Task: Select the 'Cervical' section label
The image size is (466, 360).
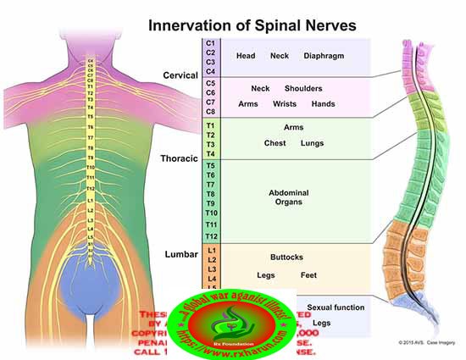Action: (180, 76)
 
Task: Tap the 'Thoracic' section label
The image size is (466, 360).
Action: (179, 158)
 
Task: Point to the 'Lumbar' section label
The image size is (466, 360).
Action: (181, 253)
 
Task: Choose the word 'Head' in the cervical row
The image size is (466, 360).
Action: (246, 56)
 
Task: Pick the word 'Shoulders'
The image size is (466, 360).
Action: (303, 88)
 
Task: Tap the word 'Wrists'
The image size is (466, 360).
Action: (284, 104)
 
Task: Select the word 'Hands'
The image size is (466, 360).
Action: (324, 104)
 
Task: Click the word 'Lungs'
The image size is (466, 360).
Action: (312, 143)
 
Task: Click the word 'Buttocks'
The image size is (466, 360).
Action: (287, 257)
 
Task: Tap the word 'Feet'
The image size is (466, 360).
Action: (309, 275)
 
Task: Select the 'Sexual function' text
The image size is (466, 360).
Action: (336, 307)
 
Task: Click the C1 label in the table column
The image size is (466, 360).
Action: (211, 42)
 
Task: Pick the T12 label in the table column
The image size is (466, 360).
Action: (212, 235)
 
